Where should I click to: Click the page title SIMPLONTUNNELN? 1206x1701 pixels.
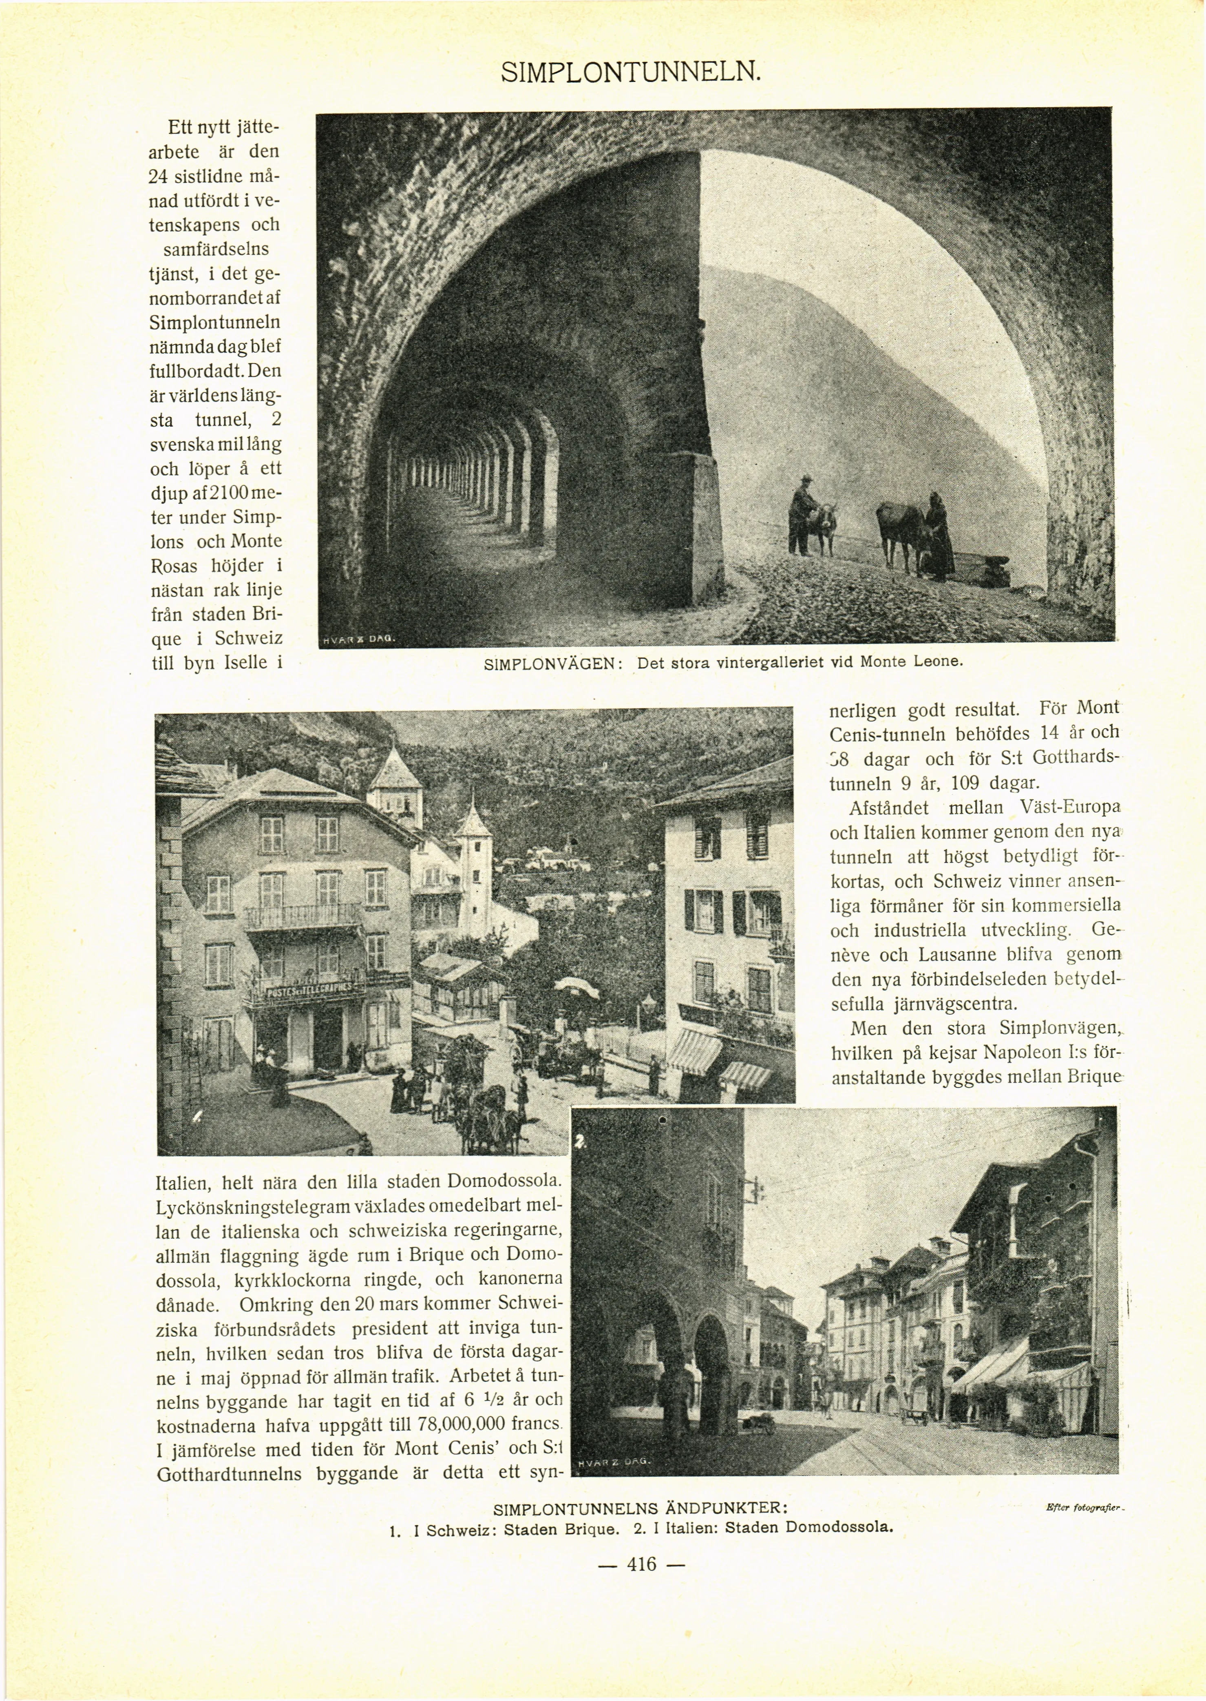630,72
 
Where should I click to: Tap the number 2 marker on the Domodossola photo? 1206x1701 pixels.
581,1141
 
